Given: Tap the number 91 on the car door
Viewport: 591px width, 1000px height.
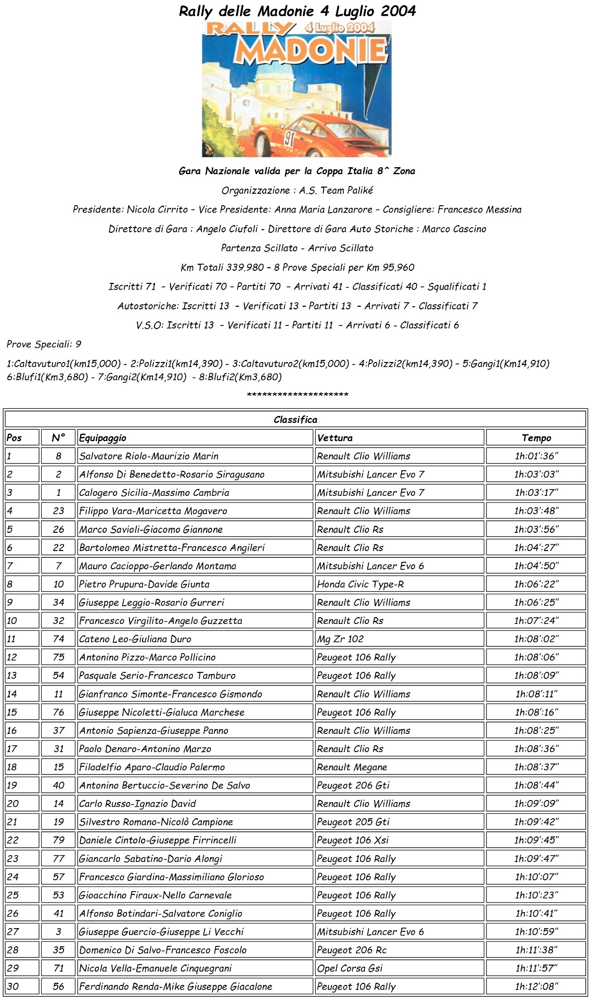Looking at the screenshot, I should [x=289, y=139].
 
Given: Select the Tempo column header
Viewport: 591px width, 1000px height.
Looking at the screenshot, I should [x=536, y=438].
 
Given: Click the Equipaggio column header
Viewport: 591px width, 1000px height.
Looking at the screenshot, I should [x=102, y=438].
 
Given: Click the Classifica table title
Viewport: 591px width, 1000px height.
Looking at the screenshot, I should [x=295, y=420].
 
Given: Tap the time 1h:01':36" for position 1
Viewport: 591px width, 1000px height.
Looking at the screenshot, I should [x=536, y=456].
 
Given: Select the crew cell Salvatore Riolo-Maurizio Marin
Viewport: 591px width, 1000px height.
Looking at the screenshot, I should [x=149, y=456].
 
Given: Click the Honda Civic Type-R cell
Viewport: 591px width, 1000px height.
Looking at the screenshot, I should [x=360, y=584].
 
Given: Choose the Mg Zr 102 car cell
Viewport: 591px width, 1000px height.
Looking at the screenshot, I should [x=340, y=639].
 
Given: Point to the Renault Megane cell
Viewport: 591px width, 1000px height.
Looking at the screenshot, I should [x=352, y=767].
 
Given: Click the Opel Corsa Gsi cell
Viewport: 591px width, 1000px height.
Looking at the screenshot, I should [x=350, y=968].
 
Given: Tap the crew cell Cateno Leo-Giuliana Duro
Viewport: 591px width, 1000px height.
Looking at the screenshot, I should [x=135, y=639].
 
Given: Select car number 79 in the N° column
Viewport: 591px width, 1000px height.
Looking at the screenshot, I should [x=58, y=840].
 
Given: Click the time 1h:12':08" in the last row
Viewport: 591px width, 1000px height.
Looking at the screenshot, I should [x=536, y=986].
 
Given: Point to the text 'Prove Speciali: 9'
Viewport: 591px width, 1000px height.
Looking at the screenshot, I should [x=44, y=344].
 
